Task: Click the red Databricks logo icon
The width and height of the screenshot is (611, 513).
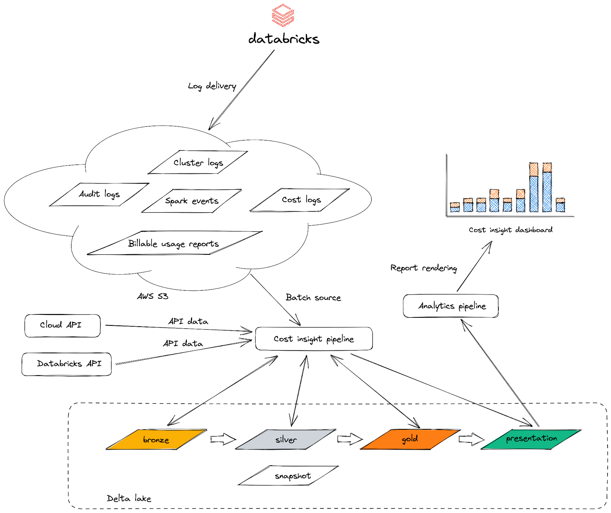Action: (283, 15)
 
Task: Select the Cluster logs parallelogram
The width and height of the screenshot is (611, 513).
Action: (198, 163)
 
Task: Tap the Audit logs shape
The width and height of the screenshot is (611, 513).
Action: (99, 194)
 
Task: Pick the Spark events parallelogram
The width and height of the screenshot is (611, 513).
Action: (192, 201)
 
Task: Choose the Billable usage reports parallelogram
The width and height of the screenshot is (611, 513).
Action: (174, 243)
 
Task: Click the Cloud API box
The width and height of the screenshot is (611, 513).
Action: (62, 325)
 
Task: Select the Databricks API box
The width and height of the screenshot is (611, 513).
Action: (67, 364)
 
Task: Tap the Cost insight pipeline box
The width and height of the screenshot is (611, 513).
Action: (314, 339)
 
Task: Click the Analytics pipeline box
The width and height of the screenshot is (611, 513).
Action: (451, 306)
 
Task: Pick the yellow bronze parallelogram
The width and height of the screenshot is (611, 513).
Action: (156, 440)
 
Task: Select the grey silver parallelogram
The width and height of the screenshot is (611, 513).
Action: (286, 440)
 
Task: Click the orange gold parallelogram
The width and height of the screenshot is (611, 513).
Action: (410, 439)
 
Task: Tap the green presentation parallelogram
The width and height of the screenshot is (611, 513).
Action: (531, 439)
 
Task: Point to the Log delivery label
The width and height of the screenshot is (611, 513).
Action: (212, 86)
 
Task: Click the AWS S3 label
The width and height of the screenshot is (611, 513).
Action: (153, 296)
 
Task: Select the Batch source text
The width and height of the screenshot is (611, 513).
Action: (313, 298)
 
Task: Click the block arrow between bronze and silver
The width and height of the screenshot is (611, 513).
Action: (223, 439)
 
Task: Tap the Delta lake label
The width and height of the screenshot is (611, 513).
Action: (129, 498)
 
